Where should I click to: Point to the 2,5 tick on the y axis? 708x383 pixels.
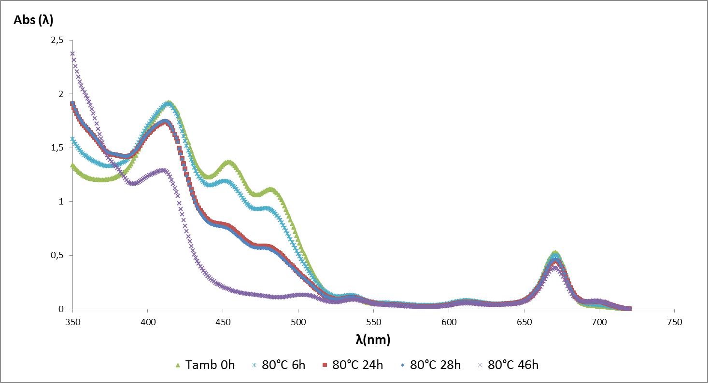[x=57, y=41]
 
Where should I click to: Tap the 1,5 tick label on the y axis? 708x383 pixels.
[x=57, y=148]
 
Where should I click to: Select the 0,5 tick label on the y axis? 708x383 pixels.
[x=57, y=255]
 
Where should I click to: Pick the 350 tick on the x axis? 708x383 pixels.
[x=72, y=322]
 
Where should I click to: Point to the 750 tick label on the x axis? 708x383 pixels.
[x=674, y=322]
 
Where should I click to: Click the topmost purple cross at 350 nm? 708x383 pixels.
[x=72, y=54]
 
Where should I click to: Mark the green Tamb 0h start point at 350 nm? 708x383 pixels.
[x=72, y=165]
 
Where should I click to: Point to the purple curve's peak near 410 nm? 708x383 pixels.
[x=163, y=171]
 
